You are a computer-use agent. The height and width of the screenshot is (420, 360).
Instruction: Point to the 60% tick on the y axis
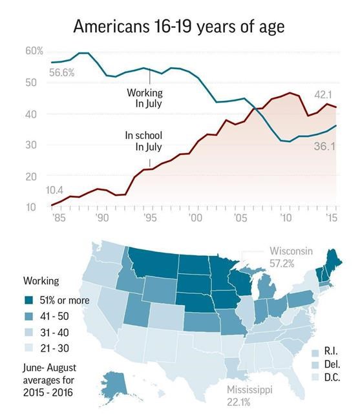(x=34, y=50)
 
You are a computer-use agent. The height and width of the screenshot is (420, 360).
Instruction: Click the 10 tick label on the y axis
(x=30, y=207)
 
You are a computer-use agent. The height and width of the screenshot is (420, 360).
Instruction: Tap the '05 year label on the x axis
(x=239, y=218)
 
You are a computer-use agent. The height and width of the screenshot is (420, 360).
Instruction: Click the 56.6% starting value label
(x=61, y=72)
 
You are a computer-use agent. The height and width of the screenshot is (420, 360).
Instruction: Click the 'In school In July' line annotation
(x=143, y=141)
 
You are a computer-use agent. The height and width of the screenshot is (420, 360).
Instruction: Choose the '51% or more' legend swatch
(x=31, y=300)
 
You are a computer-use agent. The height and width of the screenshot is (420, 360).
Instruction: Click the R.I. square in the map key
(x=315, y=353)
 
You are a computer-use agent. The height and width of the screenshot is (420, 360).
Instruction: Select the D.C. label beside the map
(x=333, y=377)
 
